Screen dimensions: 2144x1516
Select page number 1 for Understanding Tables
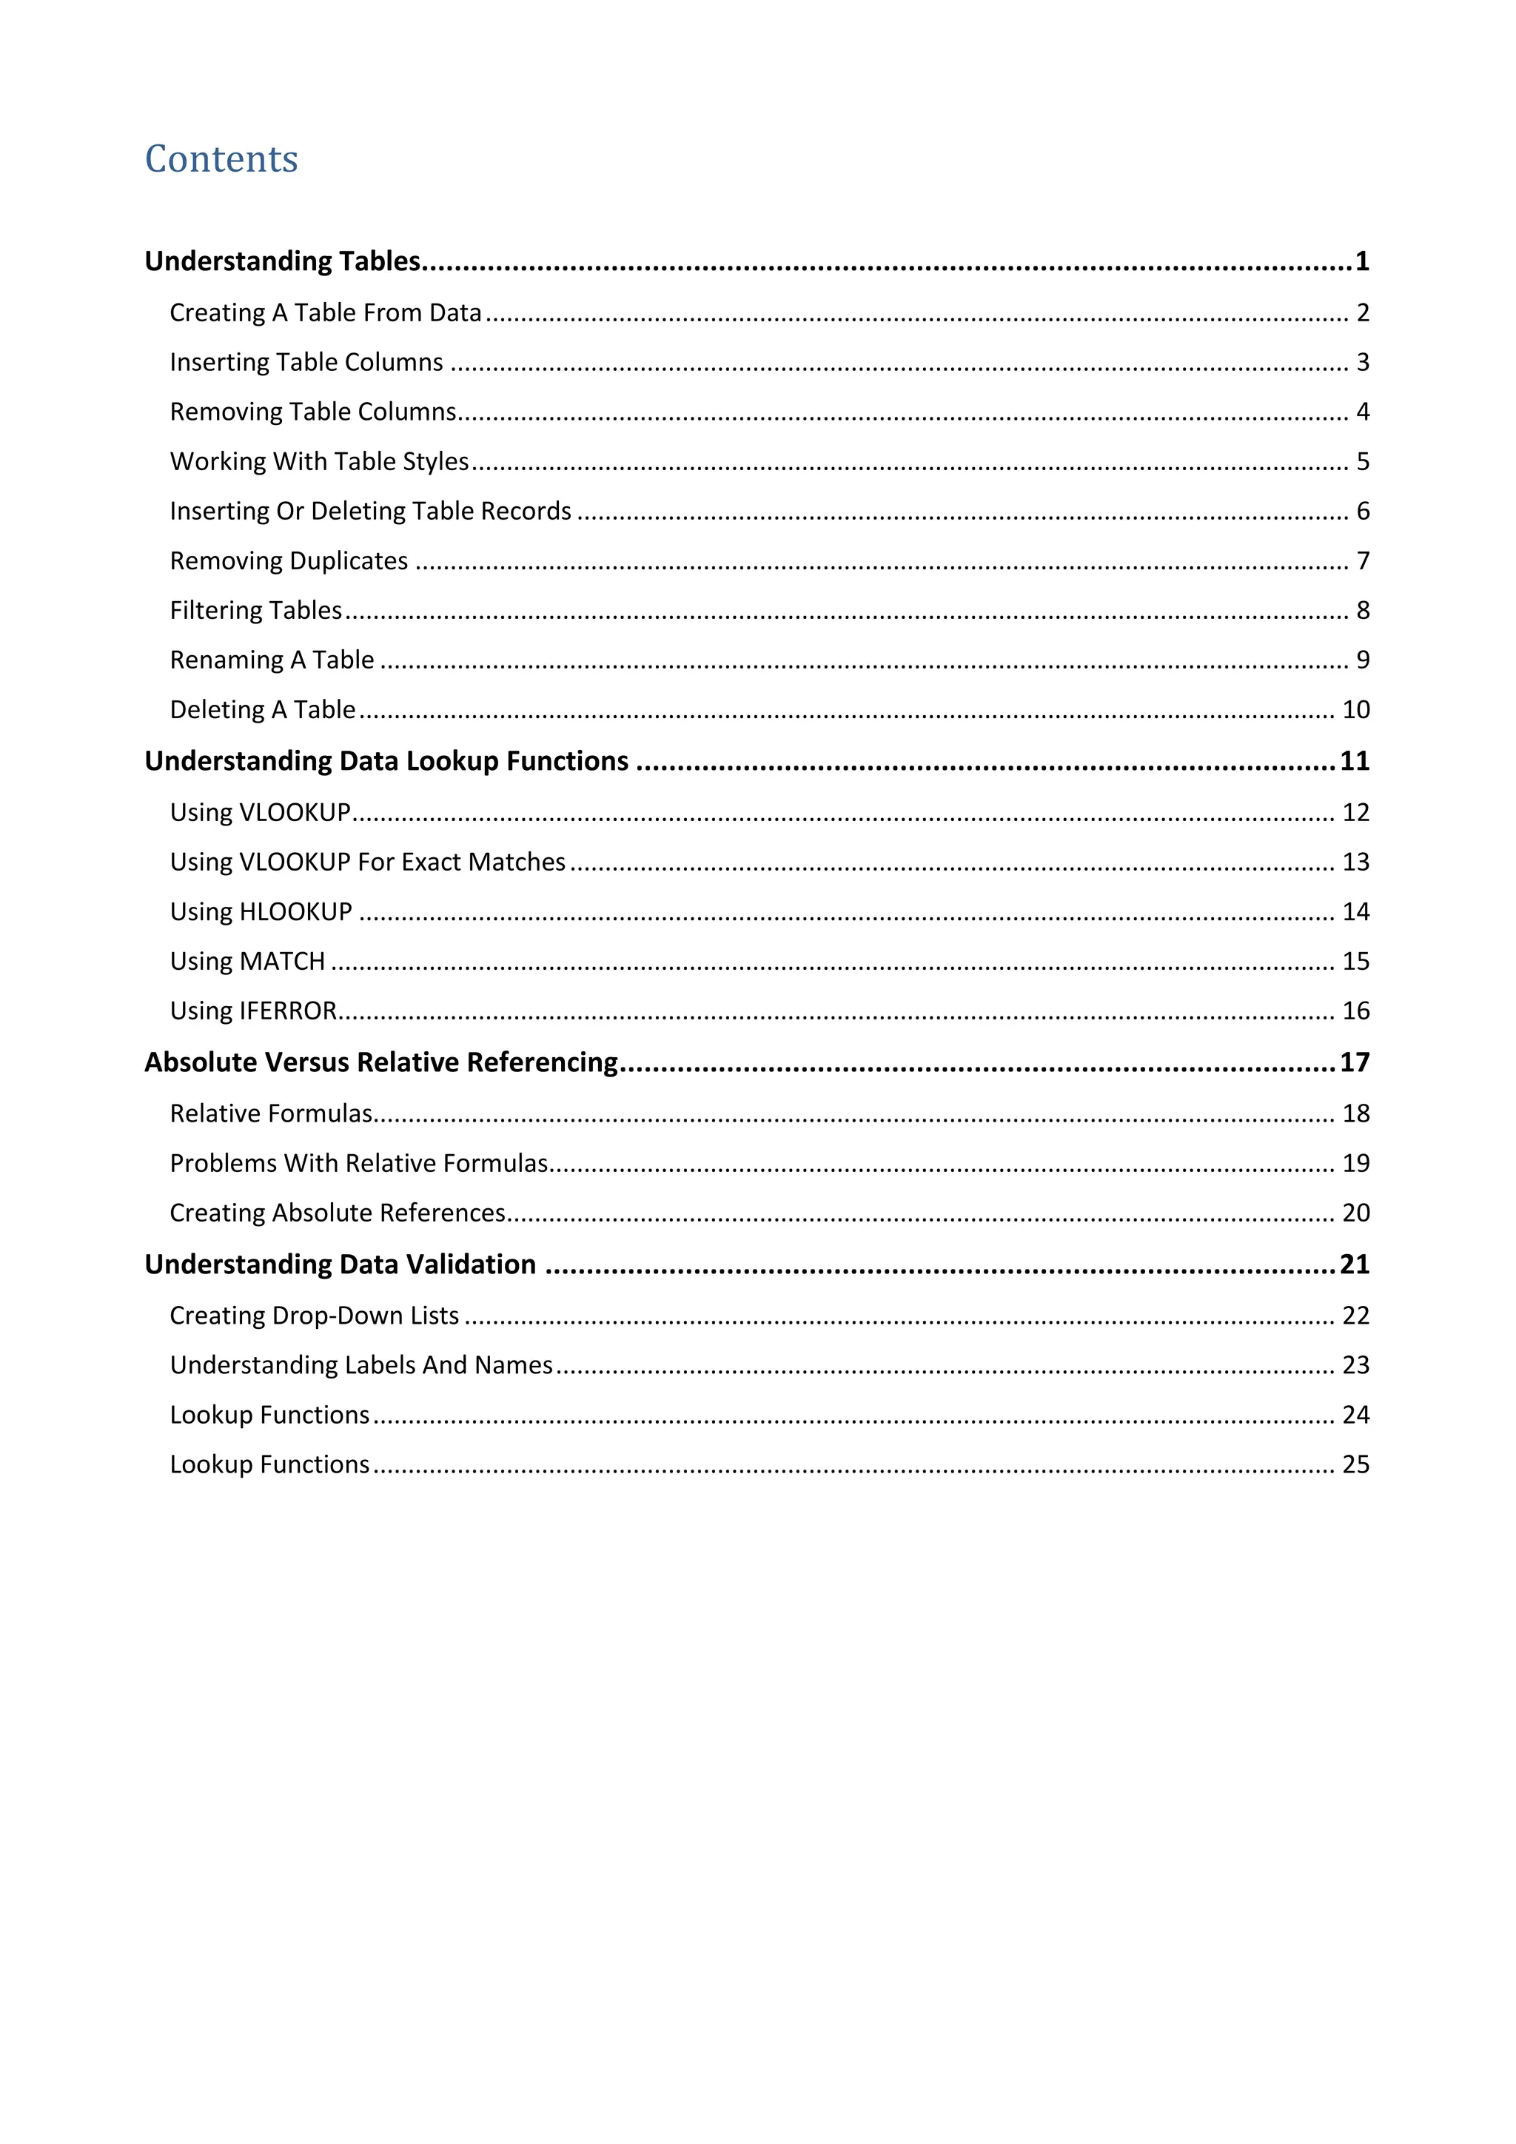[x=1362, y=261]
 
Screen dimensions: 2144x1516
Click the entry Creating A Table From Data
[x=325, y=313]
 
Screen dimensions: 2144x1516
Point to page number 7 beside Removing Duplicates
[x=1363, y=561]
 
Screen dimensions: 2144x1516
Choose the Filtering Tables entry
[x=256, y=611]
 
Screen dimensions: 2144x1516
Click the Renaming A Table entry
[x=272, y=660]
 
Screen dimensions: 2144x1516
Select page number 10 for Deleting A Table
[x=1355, y=710]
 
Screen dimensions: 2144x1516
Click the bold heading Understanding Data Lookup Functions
[x=386, y=761]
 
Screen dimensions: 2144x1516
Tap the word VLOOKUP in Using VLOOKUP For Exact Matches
[x=295, y=862]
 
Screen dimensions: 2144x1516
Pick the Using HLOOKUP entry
[x=261, y=911]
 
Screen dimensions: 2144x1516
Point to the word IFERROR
[x=289, y=1011]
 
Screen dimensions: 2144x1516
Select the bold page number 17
[x=1355, y=1062]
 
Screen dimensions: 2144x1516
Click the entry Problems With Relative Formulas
[x=358, y=1164]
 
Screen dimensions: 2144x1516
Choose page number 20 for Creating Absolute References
[x=1355, y=1213]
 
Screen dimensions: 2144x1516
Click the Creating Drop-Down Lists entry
[x=314, y=1316]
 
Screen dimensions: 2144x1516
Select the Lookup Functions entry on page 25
[x=269, y=1464]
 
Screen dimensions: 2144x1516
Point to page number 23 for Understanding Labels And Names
[x=1355, y=1365]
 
